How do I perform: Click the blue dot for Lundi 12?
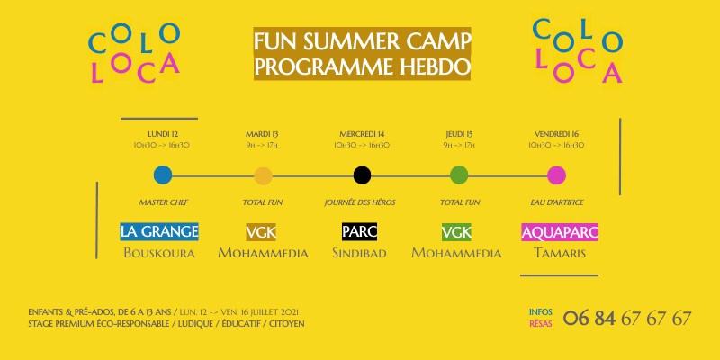(163, 175)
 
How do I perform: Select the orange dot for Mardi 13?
(263, 175)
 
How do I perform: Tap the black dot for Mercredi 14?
(362, 175)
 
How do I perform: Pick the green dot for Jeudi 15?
(459, 175)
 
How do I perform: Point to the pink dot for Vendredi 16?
(557, 175)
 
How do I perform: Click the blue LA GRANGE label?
(159, 231)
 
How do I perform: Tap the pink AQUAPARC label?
(560, 231)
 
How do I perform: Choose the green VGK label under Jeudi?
(456, 231)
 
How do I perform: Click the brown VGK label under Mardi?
(261, 231)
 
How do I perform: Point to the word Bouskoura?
(159, 253)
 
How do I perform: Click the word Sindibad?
(359, 253)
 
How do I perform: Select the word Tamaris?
(560, 253)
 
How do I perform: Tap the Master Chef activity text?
(162, 202)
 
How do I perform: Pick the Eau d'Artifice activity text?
(556, 202)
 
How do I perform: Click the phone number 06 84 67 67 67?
(627, 318)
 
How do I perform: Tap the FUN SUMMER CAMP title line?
(362, 42)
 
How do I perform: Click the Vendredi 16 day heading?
(556, 132)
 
